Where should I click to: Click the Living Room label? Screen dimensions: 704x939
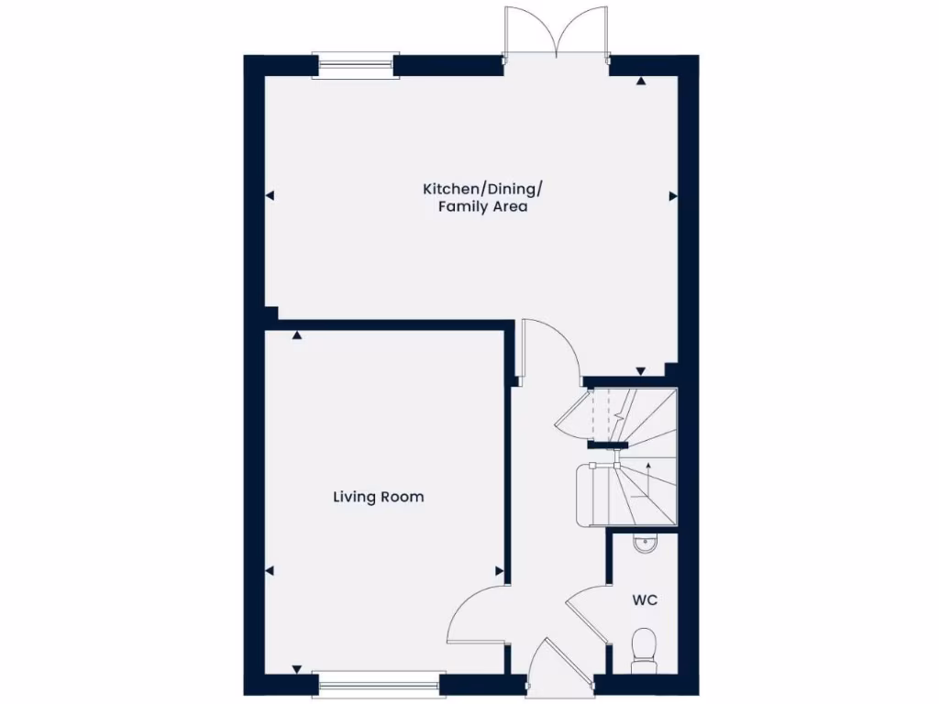[x=378, y=497]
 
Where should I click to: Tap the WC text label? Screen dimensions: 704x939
[x=645, y=600]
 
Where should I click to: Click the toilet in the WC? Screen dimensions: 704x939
[x=644, y=646]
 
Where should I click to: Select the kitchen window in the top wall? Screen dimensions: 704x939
[x=355, y=63]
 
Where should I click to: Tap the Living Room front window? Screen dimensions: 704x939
[x=378, y=681]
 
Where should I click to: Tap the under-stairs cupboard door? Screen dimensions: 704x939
[x=576, y=418]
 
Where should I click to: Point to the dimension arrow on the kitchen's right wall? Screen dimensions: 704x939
[x=672, y=195]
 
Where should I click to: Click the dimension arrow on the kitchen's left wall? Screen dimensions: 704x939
[x=271, y=195]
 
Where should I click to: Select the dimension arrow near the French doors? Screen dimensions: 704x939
[x=641, y=81]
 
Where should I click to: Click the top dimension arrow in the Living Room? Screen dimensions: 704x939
[x=297, y=336]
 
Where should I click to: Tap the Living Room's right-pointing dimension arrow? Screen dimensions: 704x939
[x=499, y=570]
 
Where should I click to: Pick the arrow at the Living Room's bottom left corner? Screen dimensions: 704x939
[x=297, y=669]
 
